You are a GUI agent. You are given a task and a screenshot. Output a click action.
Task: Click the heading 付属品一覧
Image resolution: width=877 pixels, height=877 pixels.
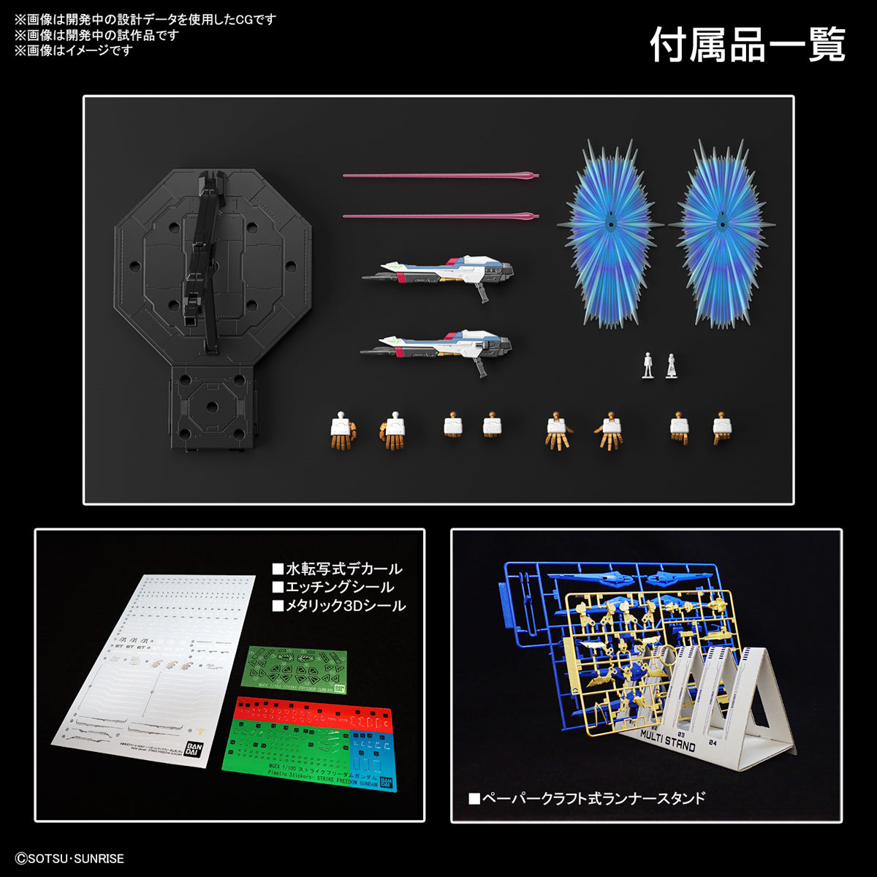tap(747, 45)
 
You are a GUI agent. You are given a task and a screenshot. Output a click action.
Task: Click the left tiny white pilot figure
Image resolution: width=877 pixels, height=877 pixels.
tap(647, 365)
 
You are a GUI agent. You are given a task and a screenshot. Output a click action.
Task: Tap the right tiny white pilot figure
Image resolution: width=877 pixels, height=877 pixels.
tap(671, 365)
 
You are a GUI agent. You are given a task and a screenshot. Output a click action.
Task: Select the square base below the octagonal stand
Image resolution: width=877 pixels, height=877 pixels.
tap(213, 406)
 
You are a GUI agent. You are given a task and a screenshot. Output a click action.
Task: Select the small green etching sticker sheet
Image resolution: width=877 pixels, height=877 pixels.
tap(295, 669)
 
